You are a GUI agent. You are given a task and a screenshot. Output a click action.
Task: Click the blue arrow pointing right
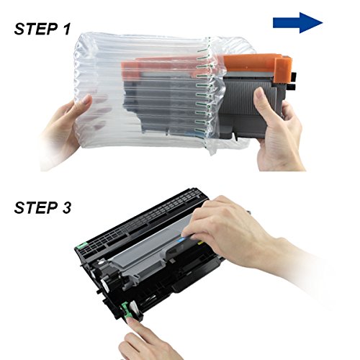click(x=297, y=23)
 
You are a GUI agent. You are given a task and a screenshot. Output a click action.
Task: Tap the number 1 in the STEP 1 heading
click(x=66, y=29)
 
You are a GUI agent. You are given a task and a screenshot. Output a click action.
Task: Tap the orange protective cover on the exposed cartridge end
click(x=257, y=63)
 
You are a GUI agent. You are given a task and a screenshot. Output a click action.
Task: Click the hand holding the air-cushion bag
click(x=65, y=130)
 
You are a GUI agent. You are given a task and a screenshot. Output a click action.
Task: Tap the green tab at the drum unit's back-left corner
click(x=82, y=246)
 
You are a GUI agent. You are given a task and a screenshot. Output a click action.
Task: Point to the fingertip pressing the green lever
click(x=132, y=322)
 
